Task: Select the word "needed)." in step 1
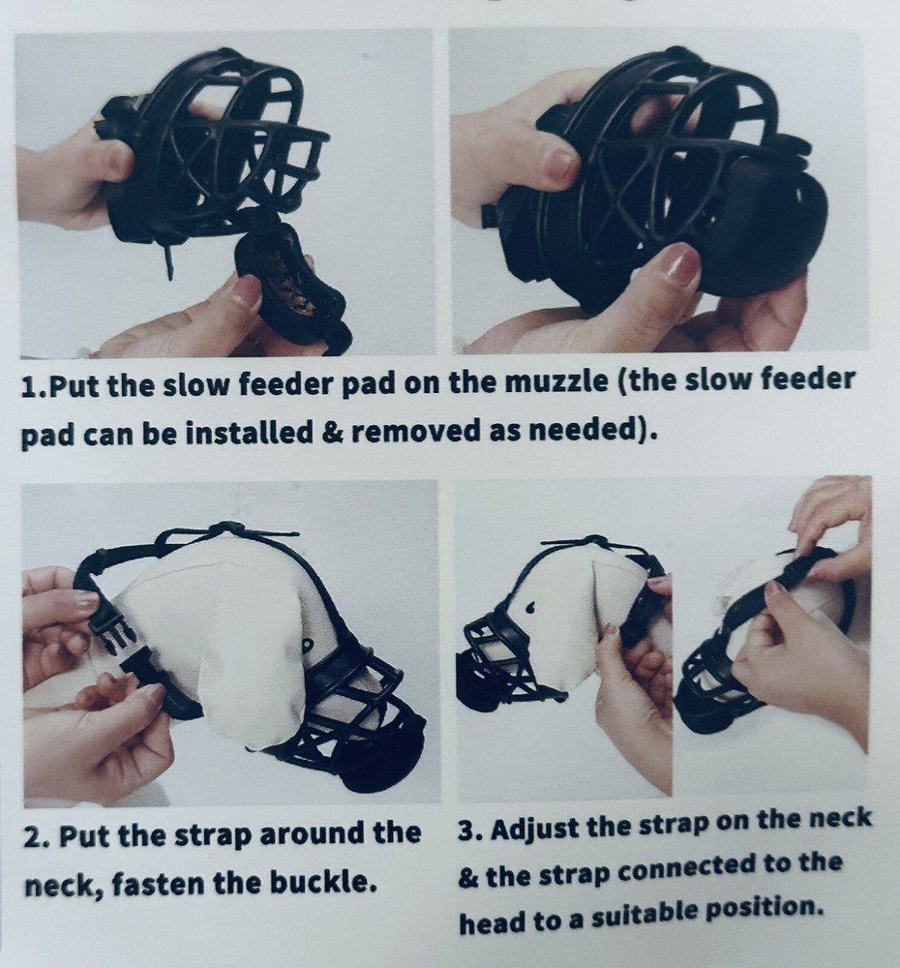pyautogui.click(x=596, y=432)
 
